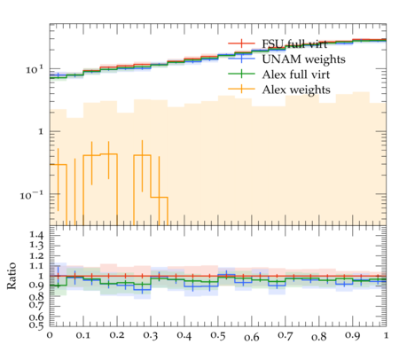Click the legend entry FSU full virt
point(294,44)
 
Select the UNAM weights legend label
point(303,59)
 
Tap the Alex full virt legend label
point(296,74)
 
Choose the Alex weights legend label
point(296,90)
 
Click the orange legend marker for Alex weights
point(241,89)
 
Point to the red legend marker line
point(241,43)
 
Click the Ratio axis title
point(12,276)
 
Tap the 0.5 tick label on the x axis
point(218,336)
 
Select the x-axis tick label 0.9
point(353,336)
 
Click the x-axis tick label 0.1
point(83,336)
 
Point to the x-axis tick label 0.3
point(151,336)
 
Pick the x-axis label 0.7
point(286,336)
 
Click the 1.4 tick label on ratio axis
point(37,235)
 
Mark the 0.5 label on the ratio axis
point(37,325)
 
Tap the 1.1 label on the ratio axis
point(37,266)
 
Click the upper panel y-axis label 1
point(41,131)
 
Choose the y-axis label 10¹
point(35,70)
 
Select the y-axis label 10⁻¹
point(32,195)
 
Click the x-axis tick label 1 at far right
point(386,336)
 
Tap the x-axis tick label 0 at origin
point(50,336)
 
